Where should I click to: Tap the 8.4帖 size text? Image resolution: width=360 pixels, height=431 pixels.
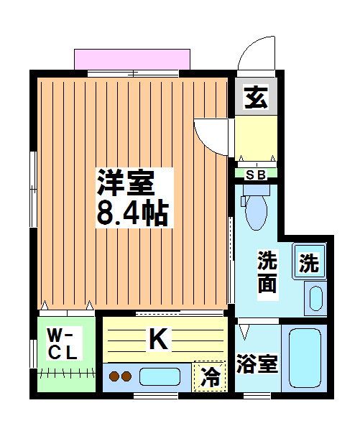(x=132, y=213)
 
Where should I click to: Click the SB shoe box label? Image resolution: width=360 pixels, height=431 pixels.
(x=255, y=173)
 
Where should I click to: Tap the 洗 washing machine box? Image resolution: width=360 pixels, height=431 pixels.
(x=308, y=263)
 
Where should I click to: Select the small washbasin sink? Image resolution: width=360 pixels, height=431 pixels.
(x=315, y=297)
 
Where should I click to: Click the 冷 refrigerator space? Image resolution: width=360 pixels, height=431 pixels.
(x=210, y=375)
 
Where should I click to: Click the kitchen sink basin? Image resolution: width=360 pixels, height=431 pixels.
(x=160, y=376)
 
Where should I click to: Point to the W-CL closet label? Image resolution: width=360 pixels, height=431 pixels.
(x=63, y=344)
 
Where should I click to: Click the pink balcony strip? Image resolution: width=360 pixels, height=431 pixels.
(x=132, y=59)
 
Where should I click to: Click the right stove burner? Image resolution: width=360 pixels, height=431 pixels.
(x=126, y=376)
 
